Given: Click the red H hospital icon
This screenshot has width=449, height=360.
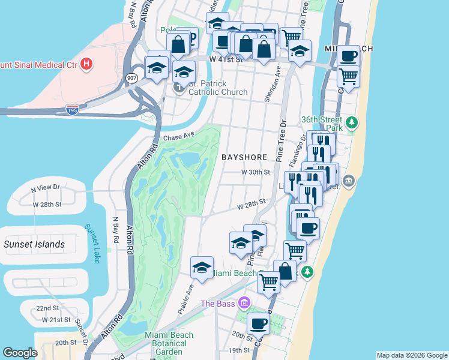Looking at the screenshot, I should point(88,63).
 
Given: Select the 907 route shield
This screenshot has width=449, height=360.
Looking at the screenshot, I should point(131,78).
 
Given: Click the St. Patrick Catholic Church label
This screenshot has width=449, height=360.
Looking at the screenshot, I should point(218,88).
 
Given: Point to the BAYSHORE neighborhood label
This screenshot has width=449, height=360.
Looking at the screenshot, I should point(244,157).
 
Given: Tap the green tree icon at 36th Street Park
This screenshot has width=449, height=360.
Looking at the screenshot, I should point(352,123).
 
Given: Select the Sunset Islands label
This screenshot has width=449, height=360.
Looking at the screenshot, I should point(34,244).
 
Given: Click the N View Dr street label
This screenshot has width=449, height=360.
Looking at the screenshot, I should point(46,188).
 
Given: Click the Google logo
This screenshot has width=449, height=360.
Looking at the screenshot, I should point(20,353).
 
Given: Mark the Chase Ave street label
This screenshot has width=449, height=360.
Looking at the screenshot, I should point(179,137).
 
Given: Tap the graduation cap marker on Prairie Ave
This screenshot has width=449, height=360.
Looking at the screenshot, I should point(202,268).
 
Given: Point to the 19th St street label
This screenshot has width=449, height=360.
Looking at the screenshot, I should point(238,350).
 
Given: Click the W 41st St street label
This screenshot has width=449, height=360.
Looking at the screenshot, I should point(225,59).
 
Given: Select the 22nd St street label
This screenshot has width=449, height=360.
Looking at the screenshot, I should point(48,308).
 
